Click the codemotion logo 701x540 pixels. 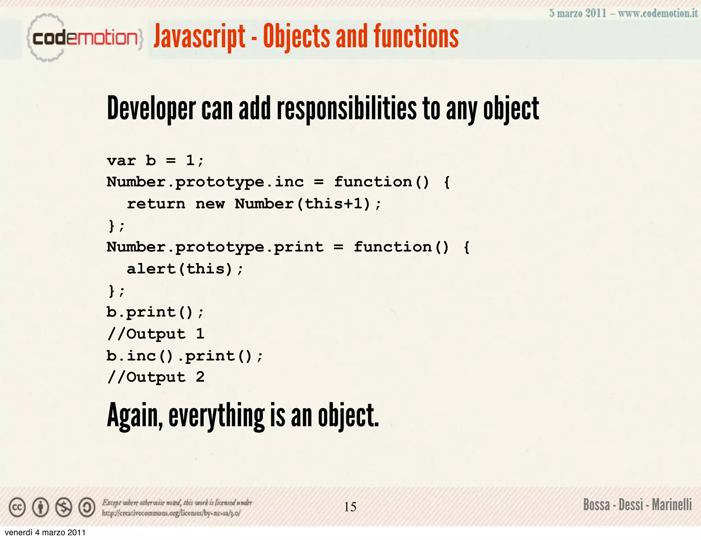[84, 38]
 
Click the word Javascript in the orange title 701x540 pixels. [200, 36]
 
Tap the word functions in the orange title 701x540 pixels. [416, 36]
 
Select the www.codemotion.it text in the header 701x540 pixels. [658, 13]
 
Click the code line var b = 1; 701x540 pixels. [155, 160]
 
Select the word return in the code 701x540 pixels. [156, 204]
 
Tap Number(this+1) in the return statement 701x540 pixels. [303, 204]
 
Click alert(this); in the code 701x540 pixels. [185, 269]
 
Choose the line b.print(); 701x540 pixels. [155, 312]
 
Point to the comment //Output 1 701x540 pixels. [156, 334]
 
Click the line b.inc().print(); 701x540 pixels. [184, 356]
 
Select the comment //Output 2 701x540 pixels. [156, 377]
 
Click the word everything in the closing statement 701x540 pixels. [216, 416]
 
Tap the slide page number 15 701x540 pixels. [350, 507]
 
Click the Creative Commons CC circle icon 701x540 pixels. [17, 507]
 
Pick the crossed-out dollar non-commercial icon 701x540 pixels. [64, 507]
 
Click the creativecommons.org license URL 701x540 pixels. [171, 513]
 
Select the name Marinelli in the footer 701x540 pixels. [672, 505]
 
